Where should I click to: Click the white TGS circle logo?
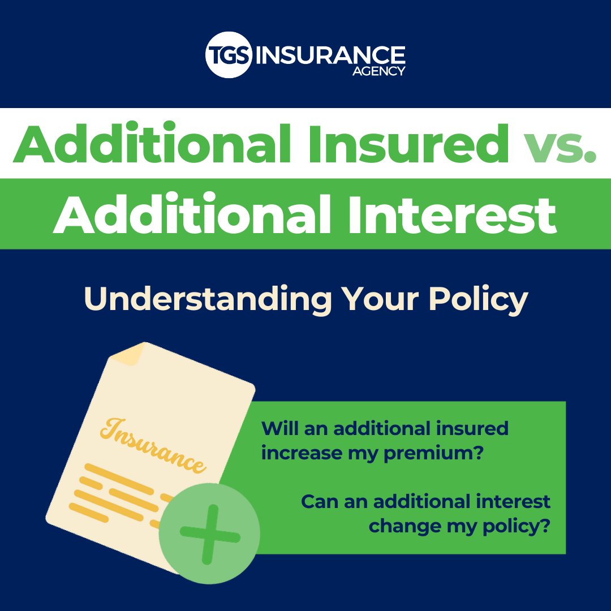pos(229,55)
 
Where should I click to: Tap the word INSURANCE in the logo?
pos(331,54)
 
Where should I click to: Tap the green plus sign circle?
pos(209,533)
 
